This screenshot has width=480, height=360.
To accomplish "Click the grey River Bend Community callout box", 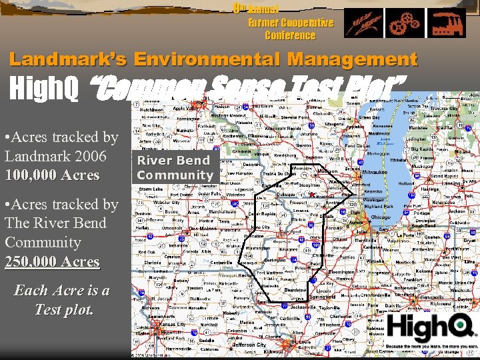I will point(174,168).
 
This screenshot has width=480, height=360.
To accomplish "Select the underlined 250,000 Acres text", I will point(52,262).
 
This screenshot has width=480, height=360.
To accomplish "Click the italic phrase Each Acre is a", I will point(62,291).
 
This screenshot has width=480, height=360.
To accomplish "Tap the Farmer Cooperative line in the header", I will point(291,23).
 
